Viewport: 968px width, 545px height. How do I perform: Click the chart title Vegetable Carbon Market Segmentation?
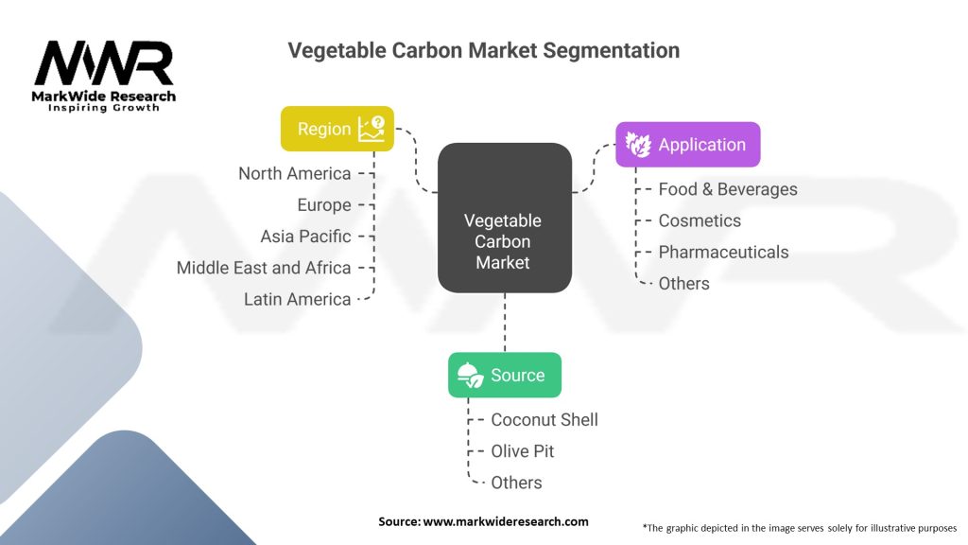[x=483, y=50]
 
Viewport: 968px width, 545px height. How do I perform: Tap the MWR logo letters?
[x=104, y=64]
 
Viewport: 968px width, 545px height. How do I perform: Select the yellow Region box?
[x=337, y=129]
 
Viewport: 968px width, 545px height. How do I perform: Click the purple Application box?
[x=687, y=145]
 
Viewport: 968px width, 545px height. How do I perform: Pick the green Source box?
[x=504, y=375]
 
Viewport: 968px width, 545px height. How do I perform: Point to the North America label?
[x=294, y=173]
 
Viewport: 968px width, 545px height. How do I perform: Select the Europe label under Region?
[x=323, y=205]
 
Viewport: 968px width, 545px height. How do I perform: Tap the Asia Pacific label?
[x=305, y=237]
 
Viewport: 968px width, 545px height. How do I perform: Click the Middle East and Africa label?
[x=264, y=268]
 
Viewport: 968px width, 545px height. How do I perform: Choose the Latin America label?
[x=297, y=299]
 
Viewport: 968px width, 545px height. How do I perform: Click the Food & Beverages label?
[x=727, y=189]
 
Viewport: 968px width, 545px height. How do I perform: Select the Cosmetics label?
[x=700, y=220]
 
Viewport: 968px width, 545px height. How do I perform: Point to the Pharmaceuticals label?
[x=723, y=252]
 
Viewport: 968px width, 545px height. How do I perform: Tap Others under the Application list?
[x=683, y=283]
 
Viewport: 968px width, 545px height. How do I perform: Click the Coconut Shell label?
[x=544, y=419]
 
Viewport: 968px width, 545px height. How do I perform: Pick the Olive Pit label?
[x=522, y=451]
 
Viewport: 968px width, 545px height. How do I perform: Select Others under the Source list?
[x=516, y=483]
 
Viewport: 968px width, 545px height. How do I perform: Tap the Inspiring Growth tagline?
[x=104, y=108]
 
